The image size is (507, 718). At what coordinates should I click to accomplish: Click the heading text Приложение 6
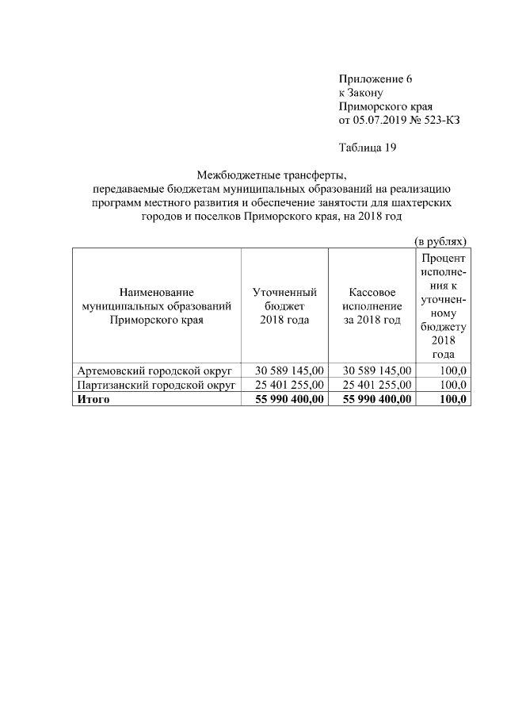click(375, 79)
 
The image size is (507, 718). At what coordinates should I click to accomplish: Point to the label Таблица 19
click(367, 148)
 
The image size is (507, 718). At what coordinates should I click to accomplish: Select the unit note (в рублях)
click(441, 240)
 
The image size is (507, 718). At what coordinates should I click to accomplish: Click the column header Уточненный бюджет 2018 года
click(284, 306)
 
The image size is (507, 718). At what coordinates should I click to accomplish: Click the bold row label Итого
click(93, 399)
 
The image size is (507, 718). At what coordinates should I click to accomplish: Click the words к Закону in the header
click(361, 93)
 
